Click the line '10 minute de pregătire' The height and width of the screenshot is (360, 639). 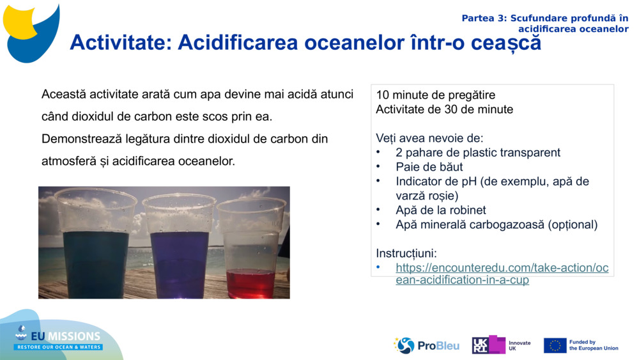pyautogui.click(x=435, y=95)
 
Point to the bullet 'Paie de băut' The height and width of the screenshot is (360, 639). pyautogui.click(x=429, y=167)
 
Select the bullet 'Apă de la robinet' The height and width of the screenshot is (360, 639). pyautogui.click(x=440, y=210)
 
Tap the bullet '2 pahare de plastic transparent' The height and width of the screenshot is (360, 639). pyautogui.click(x=477, y=152)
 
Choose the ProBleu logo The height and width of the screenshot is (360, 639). pyautogui.click(x=426, y=345)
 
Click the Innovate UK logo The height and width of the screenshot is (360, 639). pyautogui.click(x=501, y=345)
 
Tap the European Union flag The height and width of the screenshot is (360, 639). pyautogui.click(x=555, y=345)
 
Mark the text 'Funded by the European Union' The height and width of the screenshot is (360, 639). pyautogui.click(x=593, y=345)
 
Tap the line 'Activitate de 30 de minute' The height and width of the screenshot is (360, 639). pyautogui.click(x=444, y=109)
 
